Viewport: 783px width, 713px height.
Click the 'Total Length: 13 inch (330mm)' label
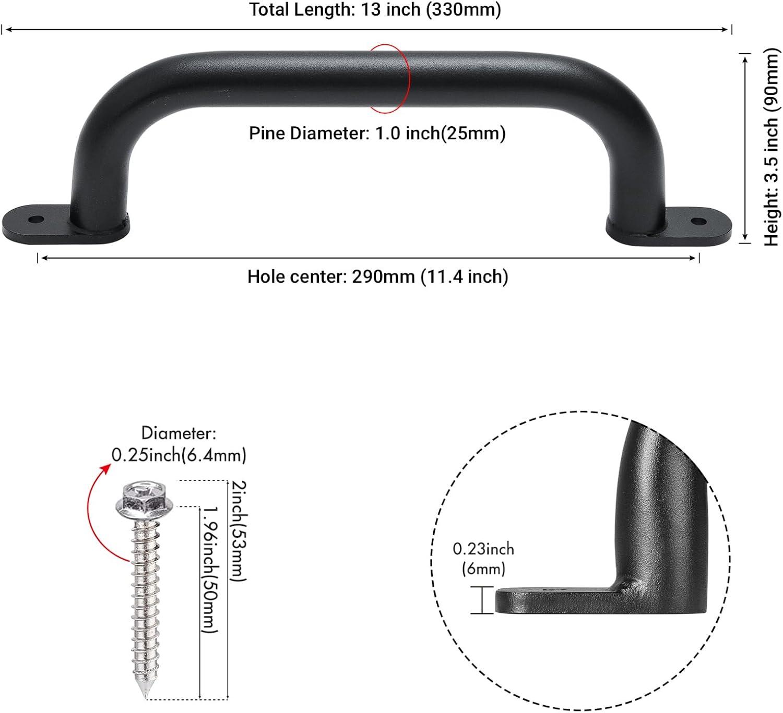(375, 10)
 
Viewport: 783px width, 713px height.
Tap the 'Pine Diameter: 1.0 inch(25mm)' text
(377, 134)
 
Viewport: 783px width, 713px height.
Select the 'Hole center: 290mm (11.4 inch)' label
(377, 276)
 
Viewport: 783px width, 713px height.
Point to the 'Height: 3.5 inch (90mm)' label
(772, 148)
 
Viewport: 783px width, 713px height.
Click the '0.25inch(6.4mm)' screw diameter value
(179, 455)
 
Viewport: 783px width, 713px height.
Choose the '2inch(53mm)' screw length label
(238, 530)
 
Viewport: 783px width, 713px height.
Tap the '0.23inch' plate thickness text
(483, 549)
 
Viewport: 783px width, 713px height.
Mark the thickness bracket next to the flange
(482, 600)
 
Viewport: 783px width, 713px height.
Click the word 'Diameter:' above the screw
(179, 433)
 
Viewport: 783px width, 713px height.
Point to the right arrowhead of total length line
(726, 30)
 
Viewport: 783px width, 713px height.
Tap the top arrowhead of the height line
(745, 58)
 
